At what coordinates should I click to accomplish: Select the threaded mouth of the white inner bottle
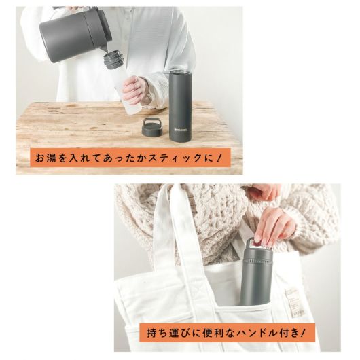click(113, 60)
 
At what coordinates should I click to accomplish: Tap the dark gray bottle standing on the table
click(180, 107)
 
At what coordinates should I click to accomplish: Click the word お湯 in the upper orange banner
click(46, 158)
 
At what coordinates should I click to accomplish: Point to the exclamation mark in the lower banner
click(303, 332)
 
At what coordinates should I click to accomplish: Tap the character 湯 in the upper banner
click(51, 158)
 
